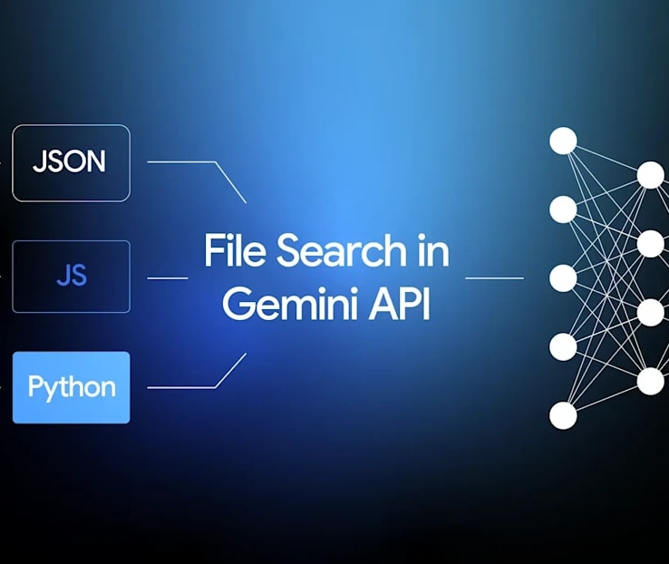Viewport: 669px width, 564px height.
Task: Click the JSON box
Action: point(72,163)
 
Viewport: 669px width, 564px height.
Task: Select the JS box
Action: point(72,277)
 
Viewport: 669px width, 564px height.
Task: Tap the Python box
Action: point(72,387)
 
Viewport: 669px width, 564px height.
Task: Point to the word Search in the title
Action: point(342,250)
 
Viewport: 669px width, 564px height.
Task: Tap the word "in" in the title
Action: point(433,250)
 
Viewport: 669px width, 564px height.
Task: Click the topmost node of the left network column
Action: point(563,141)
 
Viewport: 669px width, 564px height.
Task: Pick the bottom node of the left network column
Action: point(563,415)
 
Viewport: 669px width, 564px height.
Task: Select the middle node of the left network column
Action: point(563,277)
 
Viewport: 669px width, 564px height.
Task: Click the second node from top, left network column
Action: point(563,209)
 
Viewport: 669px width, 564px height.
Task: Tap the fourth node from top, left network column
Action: point(563,346)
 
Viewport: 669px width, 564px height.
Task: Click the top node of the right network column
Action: point(651,174)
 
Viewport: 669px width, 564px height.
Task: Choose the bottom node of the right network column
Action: point(651,381)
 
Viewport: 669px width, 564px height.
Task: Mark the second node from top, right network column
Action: point(651,243)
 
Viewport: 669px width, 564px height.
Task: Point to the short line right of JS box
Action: point(168,278)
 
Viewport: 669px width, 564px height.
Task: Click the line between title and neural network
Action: point(494,278)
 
